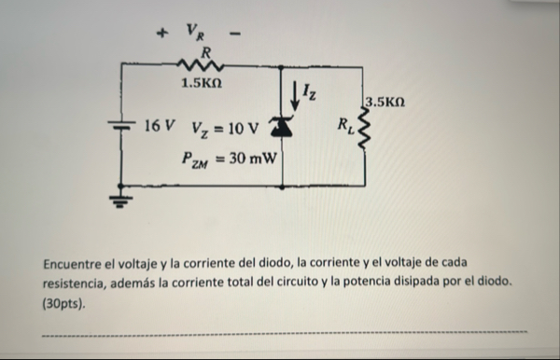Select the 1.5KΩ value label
click(203, 84)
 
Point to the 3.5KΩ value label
click(385, 100)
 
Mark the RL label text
click(343, 123)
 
